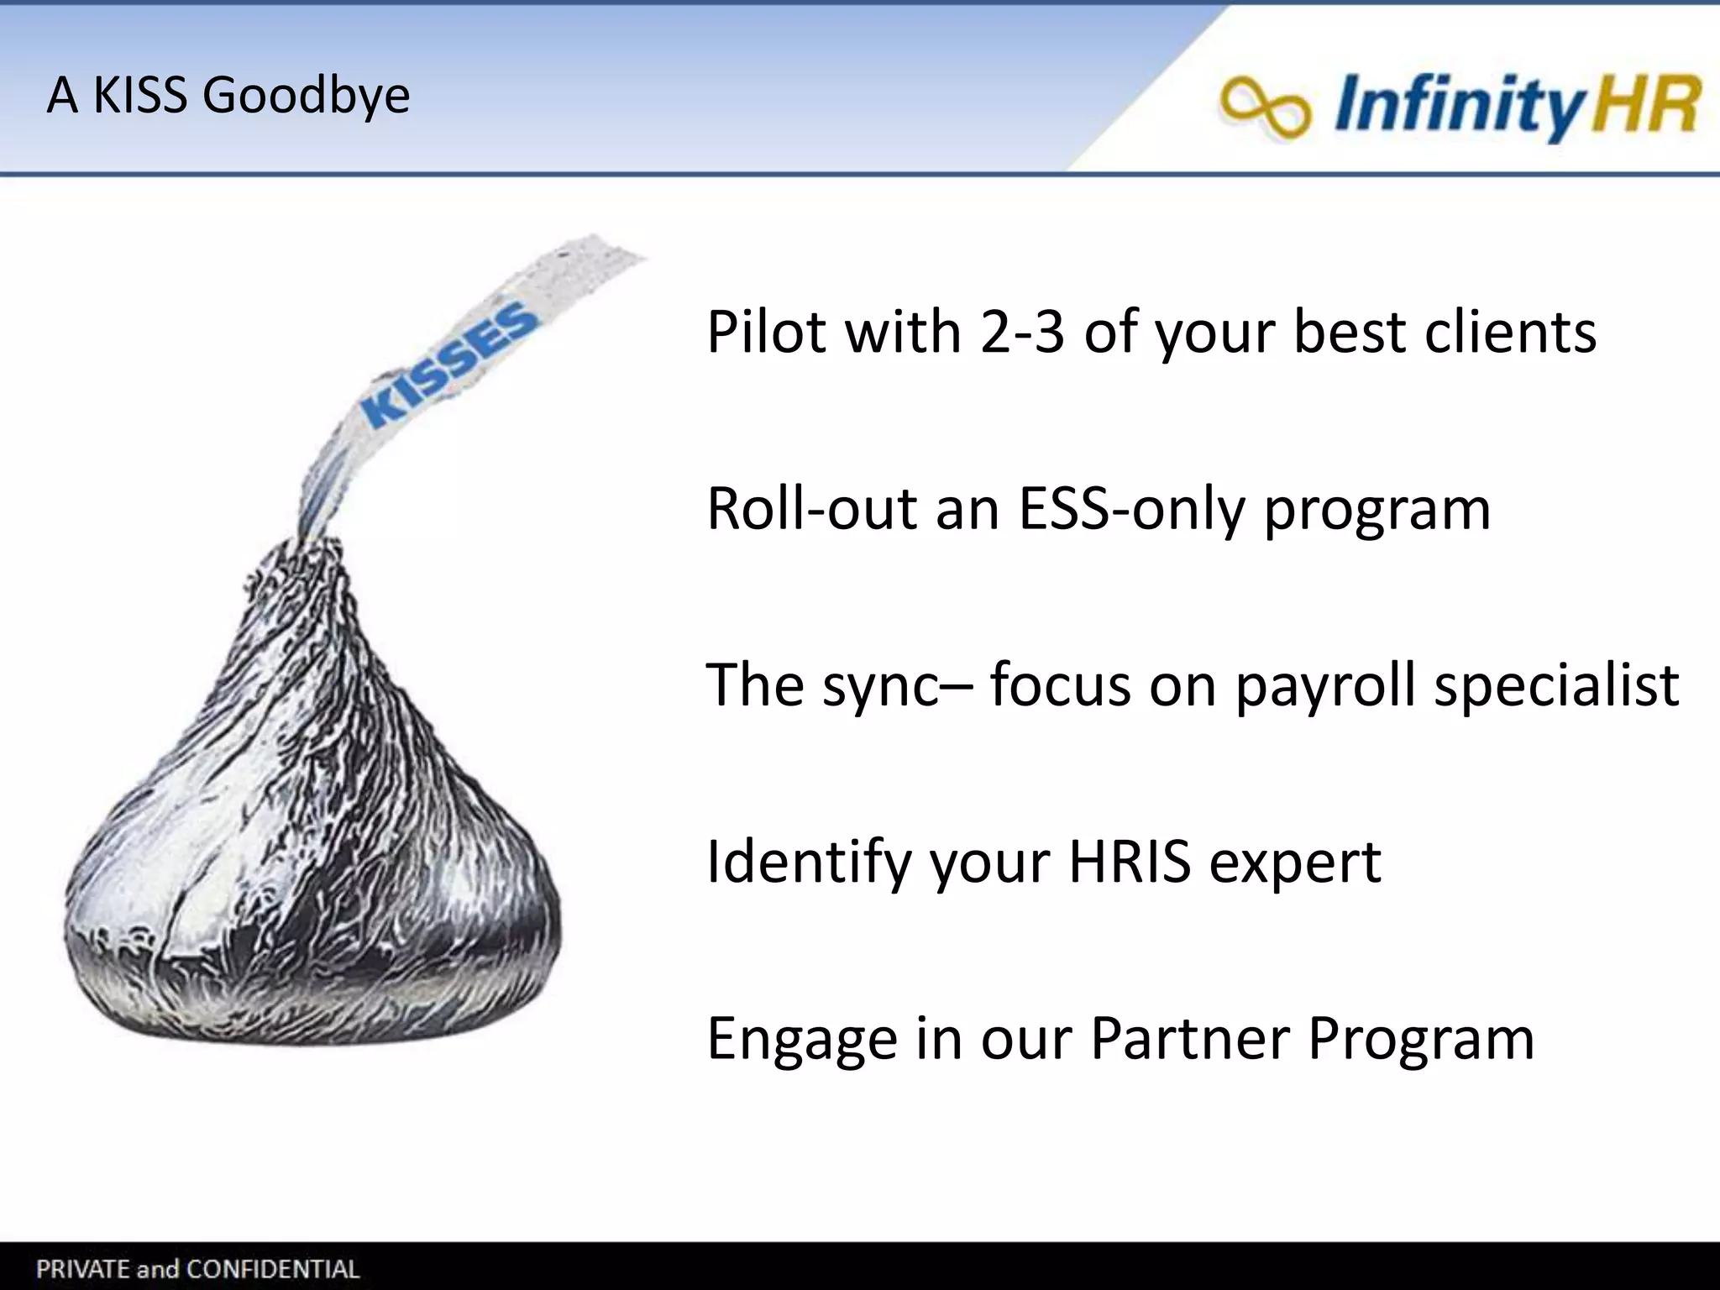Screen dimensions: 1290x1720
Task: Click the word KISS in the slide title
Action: pos(139,95)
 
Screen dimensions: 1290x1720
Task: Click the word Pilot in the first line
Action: pos(766,332)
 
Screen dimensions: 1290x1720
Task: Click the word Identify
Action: pos(809,863)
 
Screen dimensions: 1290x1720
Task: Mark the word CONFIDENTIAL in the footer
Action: pos(272,1269)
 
